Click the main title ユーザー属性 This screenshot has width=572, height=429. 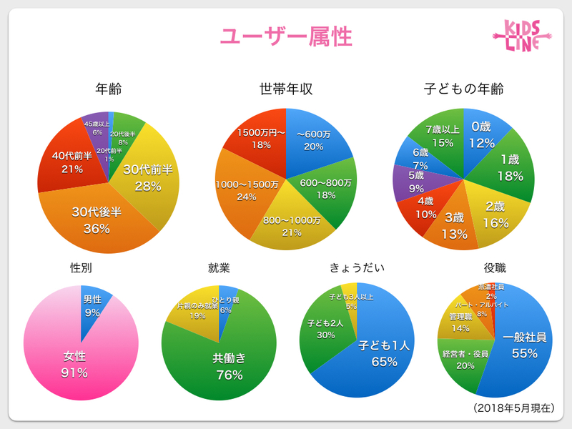[285, 36]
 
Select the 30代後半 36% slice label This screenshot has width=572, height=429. [96, 220]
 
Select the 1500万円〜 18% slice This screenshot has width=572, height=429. [260, 137]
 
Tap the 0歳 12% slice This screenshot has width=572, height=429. [481, 134]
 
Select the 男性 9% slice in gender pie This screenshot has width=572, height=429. [92, 305]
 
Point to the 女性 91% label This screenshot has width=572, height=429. [74, 364]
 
